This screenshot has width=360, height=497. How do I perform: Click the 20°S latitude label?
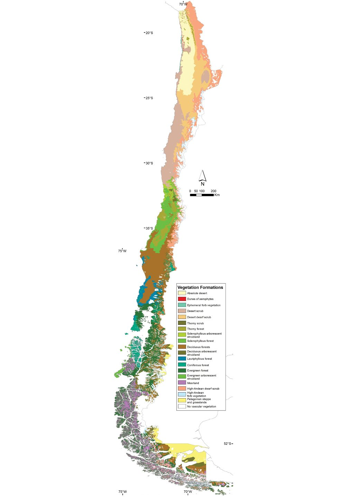click(x=149, y=33)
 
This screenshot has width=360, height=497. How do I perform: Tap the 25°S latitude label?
click(x=149, y=98)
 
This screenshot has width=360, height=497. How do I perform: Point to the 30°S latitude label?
click(x=149, y=163)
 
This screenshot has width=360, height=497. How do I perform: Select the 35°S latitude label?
click(x=149, y=228)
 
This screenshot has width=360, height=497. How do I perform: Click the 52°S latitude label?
click(x=227, y=444)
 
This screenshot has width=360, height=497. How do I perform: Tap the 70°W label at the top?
click(x=183, y=4)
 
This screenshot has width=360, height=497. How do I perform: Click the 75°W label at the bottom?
click(x=122, y=492)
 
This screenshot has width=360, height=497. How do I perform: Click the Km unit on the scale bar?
click(x=217, y=195)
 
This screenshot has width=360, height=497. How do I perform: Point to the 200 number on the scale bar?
click(x=213, y=191)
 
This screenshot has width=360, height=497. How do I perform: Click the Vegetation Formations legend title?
click(x=200, y=287)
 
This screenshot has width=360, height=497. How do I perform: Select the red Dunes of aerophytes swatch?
click(x=182, y=299)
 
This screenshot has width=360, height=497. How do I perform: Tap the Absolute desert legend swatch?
click(x=182, y=293)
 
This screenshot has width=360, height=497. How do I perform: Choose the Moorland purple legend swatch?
click(x=182, y=383)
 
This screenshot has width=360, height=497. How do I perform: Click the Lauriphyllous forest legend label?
click(x=200, y=359)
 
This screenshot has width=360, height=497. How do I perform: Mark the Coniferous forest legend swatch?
click(x=182, y=365)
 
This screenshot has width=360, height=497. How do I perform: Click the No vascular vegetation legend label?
click(x=202, y=406)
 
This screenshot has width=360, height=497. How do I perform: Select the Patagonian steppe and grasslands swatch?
click(x=182, y=400)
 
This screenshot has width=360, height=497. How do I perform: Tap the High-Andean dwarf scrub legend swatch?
click(x=182, y=388)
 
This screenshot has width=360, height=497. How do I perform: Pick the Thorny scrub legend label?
click(x=195, y=323)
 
